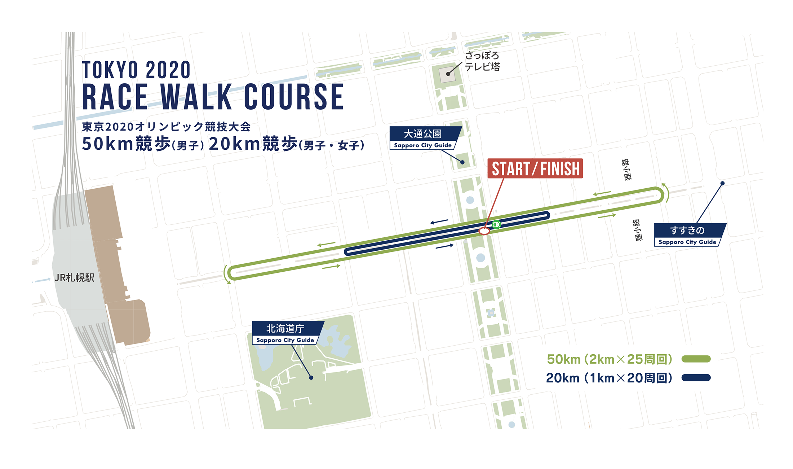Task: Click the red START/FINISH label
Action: pyautogui.click(x=535, y=168)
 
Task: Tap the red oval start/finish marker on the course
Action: pyautogui.click(x=484, y=231)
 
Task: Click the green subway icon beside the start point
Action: pyautogui.click(x=496, y=224)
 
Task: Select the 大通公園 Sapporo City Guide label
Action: pyautogui.click(x=423, y=138)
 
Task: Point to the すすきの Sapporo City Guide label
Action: pyautogui.click(x=688, y=235)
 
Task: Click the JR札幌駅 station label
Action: pyautogui.click(x=74, y=277)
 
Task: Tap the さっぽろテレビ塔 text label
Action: pyautogui.click(x=482, y=61)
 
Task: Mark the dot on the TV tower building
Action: pyautogui.click(x=448, y=74)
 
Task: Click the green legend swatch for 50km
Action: pyautogui.click(x=696, y=359)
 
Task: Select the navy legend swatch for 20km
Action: pyautogui.click(x=696, y=378)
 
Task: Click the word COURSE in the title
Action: pyautogui.click(x=294, y=97)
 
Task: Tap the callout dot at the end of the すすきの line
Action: pyautogui.click(x=722, y=183)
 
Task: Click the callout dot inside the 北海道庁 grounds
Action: pyautogui.click(x=311, y=378)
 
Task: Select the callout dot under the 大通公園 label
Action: pyautogui.click(x=462, y=162)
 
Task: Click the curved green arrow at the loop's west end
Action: pyautogui.click(x=226, y=275)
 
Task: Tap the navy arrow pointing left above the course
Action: pyautogui.click(x=439, y=222)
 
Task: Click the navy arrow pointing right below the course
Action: pyautogui.click(x=444, y=246)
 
